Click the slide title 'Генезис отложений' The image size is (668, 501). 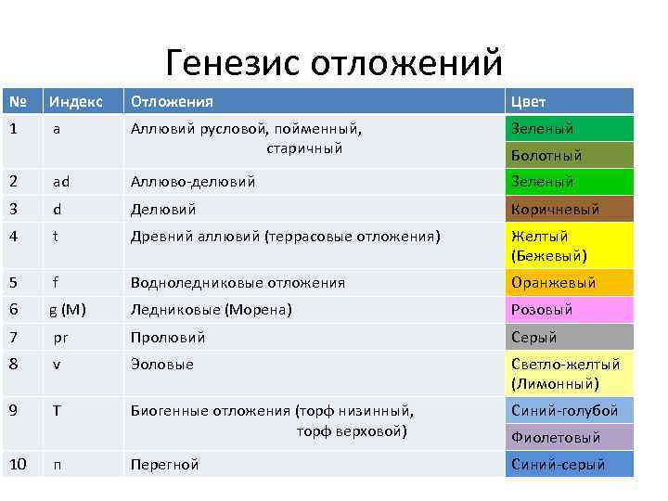point(334,63)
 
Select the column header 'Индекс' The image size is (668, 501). point(77,101)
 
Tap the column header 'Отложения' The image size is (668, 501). point(172,101)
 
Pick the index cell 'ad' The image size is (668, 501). point(61,182)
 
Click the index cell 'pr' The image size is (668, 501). point(61,338)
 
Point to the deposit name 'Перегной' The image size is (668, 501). point(164,465)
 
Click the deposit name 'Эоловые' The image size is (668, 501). point(162,365)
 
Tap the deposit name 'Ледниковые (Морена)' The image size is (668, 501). point(211,310)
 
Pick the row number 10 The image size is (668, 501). point(19,464)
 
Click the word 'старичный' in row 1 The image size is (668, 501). point(304,148)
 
